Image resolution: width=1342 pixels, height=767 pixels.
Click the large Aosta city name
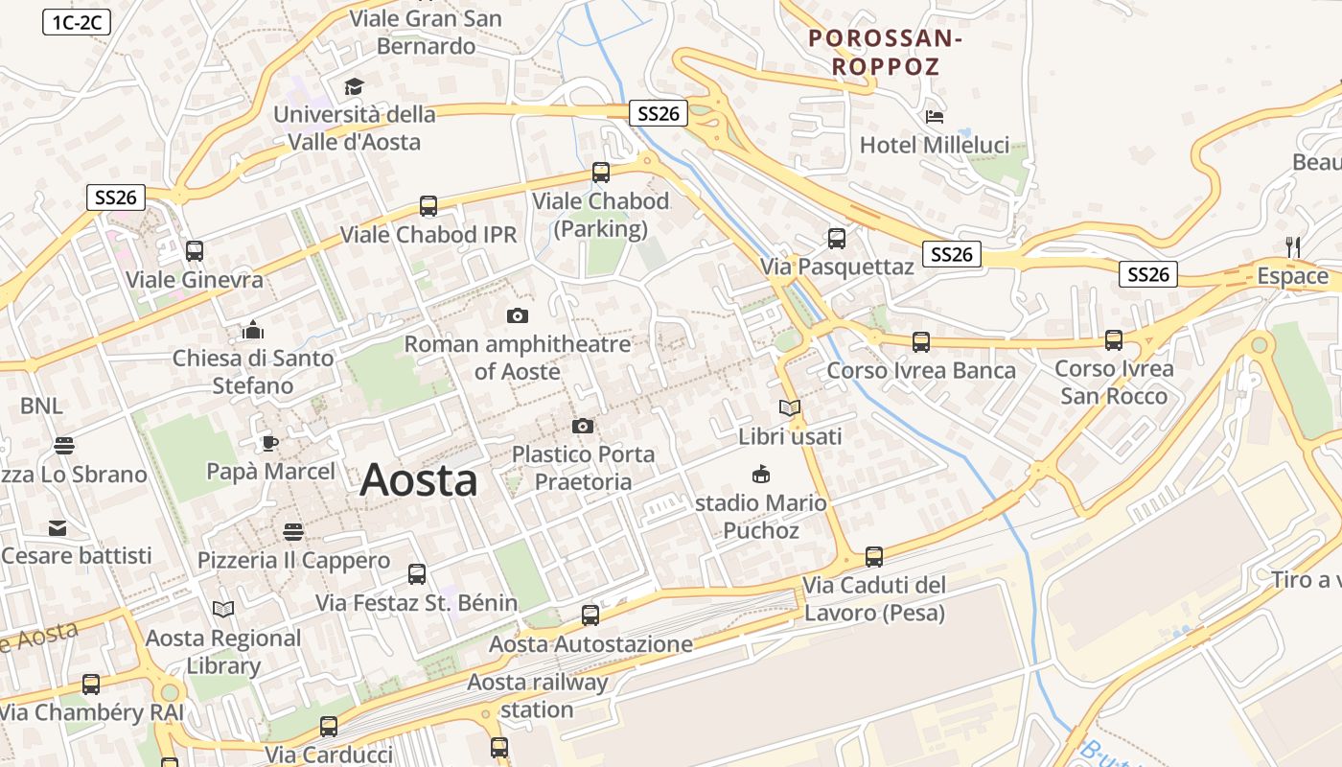pos(419,479)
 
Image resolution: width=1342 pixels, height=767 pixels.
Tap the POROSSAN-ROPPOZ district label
pos(885,53)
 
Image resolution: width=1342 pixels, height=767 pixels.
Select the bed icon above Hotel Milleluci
pos(935,116)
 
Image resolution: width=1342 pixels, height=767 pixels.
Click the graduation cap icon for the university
pos(355,87)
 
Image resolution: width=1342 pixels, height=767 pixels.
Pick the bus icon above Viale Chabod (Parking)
pos(601,173)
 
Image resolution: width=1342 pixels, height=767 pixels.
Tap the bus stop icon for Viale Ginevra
pos(195,251)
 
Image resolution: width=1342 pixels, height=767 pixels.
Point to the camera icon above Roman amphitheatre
pos(518,315)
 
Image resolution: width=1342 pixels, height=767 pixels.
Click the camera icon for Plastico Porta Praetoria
pos(583,426)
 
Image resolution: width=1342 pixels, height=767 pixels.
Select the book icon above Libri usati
pos(790,408)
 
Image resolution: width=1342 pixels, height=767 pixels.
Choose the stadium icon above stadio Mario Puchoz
pos(761,474)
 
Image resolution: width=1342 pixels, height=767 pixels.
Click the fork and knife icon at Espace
pos(1293,247)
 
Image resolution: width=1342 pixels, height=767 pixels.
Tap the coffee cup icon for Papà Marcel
pos(270,443)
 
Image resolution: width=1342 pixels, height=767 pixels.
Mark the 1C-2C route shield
pos(77,23)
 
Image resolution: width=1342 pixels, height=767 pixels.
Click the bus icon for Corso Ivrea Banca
pos(921,341)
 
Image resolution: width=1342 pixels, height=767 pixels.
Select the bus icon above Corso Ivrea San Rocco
pos(1114,340)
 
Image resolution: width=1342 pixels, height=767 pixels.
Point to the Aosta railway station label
pos(537,696)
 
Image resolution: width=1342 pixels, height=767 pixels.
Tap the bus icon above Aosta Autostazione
pos(590,616)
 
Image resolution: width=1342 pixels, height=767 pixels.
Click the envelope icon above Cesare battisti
pos(58,528)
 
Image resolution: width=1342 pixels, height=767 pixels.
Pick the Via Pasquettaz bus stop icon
pos(837,239)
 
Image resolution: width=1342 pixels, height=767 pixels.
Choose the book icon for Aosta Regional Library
pos(223,609)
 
